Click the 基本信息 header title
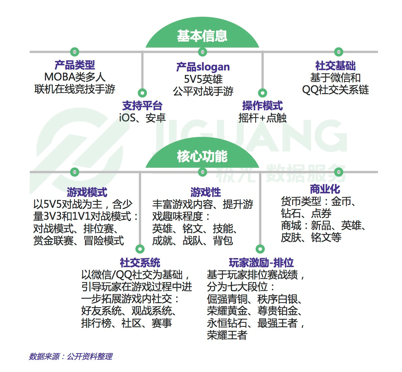[202, 36]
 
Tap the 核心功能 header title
[202, 156]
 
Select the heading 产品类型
[75, 65]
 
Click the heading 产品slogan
[203, 67]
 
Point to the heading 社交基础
[335, 66]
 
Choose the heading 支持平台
[142, 105]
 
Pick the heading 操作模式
[262, 105]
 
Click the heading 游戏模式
[87, 192]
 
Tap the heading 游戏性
[205, 192]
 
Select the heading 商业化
[325, 189]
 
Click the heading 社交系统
[140, 262]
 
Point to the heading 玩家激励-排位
[261, 262]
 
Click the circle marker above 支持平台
[142, 93]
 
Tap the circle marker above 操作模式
[262, 93]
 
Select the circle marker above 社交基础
[338, 52]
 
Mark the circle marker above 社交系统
[140, 249]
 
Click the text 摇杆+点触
[262, 118]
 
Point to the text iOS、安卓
[142, 118]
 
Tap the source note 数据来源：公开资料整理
[71, 356]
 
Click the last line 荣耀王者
[227, 335]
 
